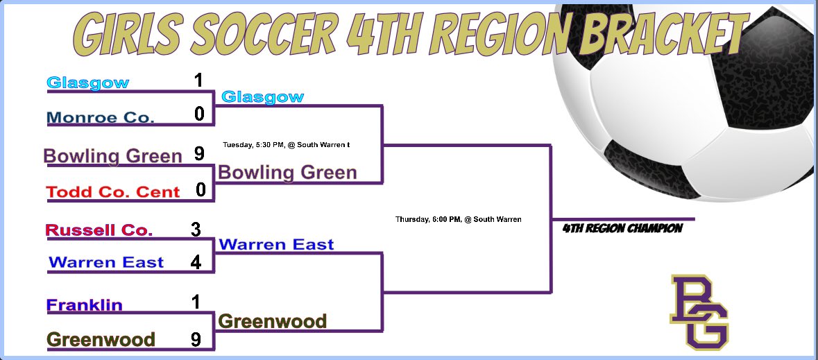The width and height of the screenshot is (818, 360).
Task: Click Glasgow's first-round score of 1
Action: point(199,81)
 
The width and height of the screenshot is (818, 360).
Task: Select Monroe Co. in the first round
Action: point(101,118)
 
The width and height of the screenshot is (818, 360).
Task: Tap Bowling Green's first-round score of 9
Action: point(199,154)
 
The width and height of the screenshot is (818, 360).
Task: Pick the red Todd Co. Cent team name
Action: point(113,191)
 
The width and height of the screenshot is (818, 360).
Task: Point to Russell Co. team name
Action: point(99,230)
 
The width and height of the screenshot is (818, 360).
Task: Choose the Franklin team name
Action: point(84,305)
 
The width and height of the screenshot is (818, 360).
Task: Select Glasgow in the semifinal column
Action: point(262,97)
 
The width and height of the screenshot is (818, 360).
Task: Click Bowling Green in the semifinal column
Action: point(287,172)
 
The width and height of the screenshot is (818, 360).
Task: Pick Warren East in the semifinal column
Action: point(276,244)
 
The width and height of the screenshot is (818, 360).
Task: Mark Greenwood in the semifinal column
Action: point(272,321)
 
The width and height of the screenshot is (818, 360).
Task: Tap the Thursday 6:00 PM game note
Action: point(458,219)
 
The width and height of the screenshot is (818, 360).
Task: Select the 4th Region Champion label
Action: point(622,228)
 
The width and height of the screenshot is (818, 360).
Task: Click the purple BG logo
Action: point(699,311)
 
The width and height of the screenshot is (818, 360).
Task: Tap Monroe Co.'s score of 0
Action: point(199,114)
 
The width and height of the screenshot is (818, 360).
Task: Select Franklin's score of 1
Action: point(196,302)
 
